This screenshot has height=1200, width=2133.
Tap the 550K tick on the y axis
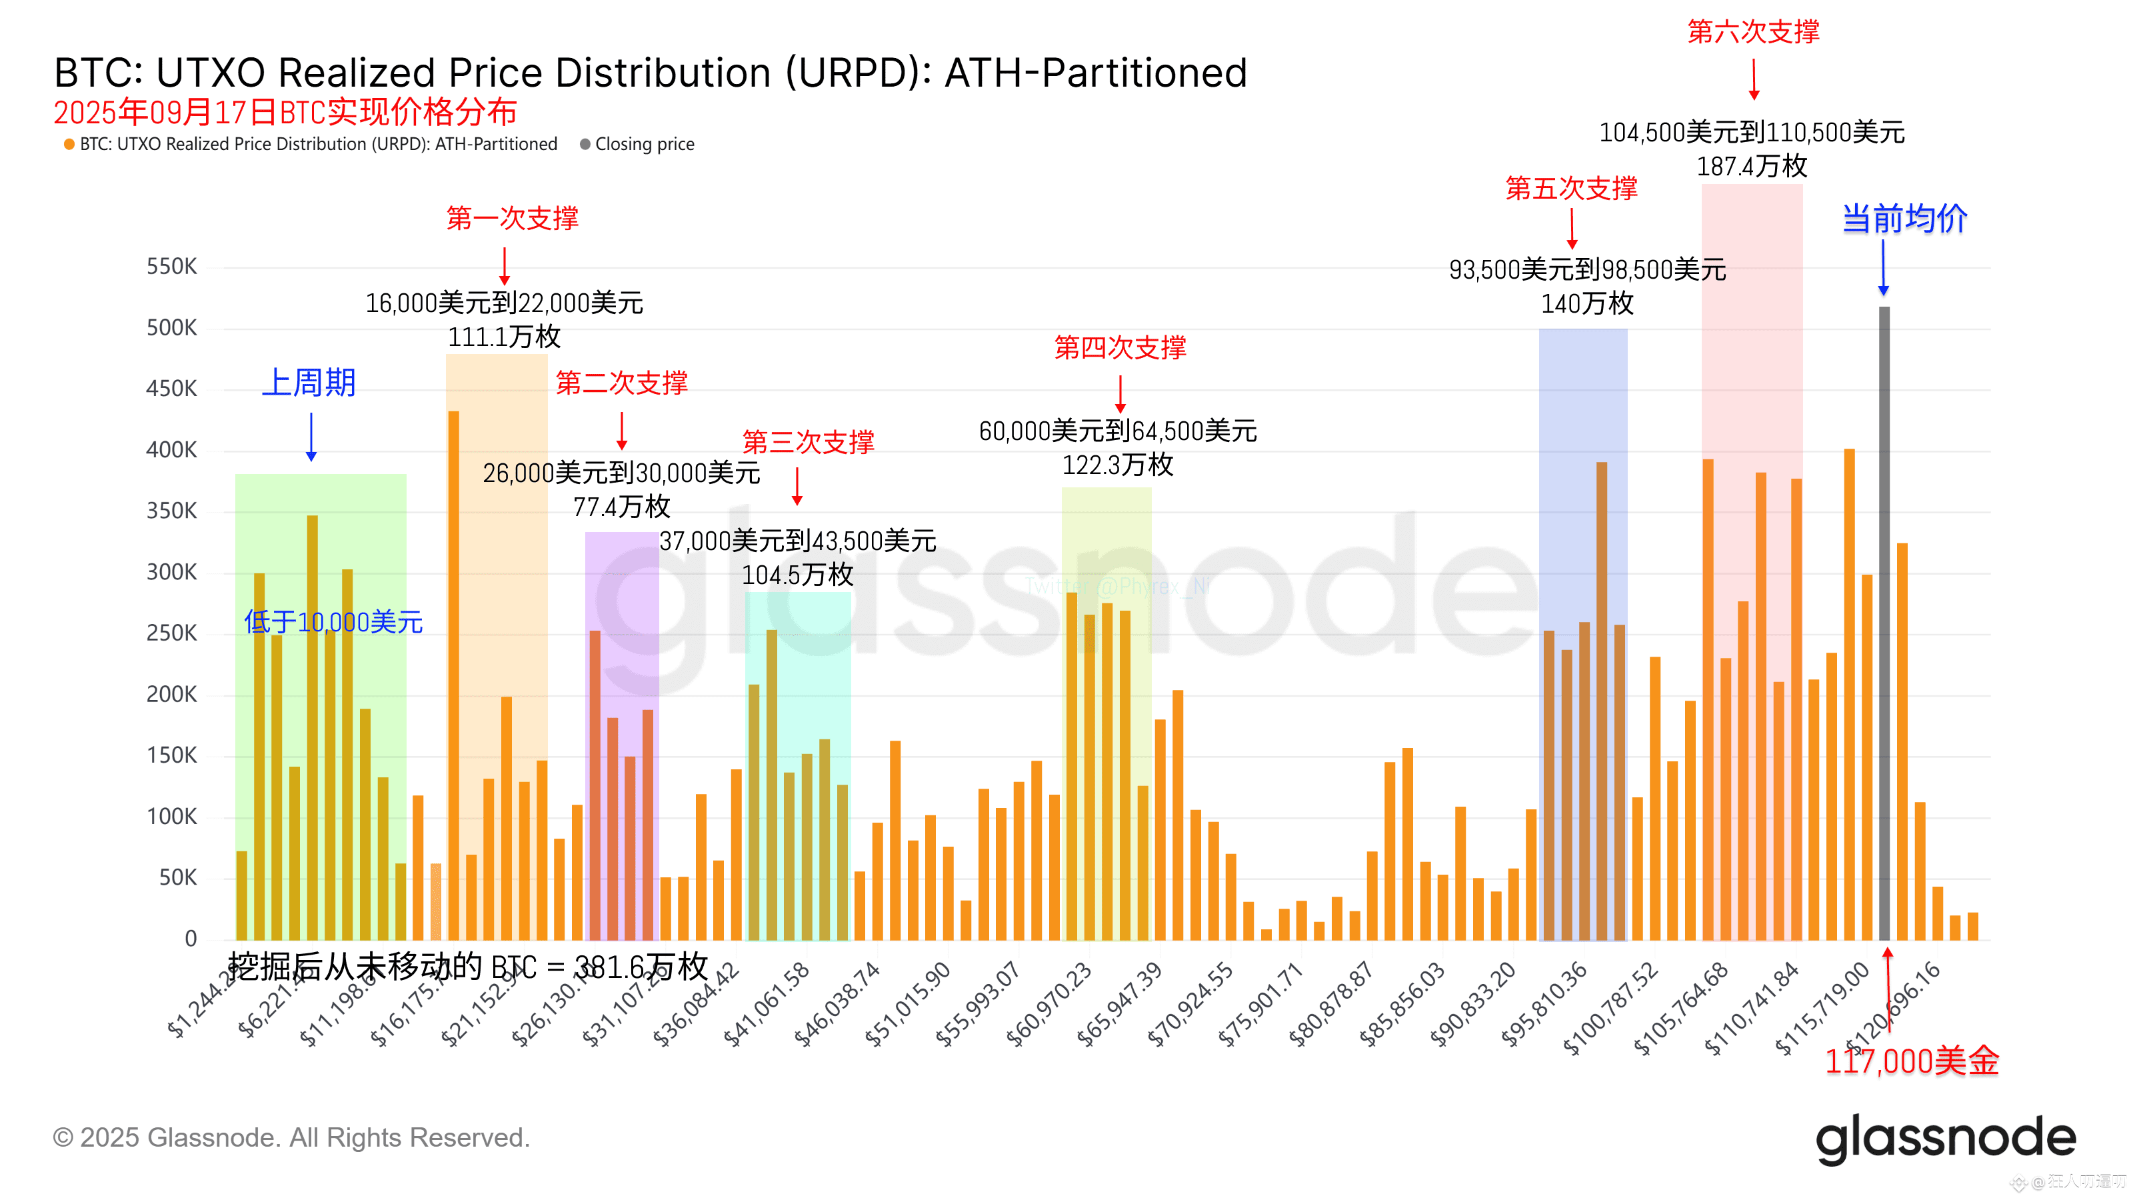click(x=171, y=267)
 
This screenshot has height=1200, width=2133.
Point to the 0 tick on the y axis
click(x=191, y=938)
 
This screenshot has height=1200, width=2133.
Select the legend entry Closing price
click(x=643, y=144)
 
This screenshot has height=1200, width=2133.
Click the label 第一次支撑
click(x=512, y=218)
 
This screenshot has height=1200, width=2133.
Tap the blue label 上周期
click(x=309, y=383)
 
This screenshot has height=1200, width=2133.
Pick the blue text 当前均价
click(x=1904, y=219)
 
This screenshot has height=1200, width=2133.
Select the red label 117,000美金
click(x=1911, y=1061)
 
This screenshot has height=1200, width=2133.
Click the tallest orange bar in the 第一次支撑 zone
click(x=453, y=675)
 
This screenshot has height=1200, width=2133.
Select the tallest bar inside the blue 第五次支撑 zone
click(x=1601, y=700)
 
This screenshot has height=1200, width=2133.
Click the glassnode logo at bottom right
click(x=1945, y=1139)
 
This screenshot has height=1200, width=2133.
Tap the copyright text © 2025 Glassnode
click(x=291, y=1138)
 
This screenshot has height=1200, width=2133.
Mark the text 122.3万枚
click(x=1118, y=465)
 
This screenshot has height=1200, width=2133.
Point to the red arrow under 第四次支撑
click(x=1120, y=393)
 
